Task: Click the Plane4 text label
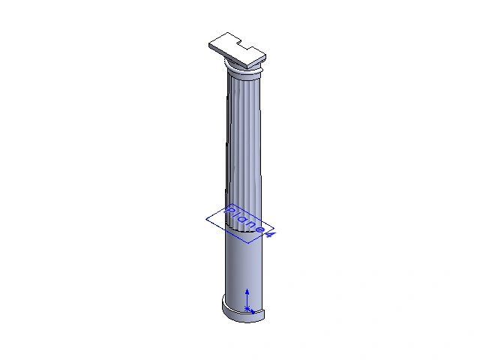[250, 222]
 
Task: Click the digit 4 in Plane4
[270, 234]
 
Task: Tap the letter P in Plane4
[229, 210]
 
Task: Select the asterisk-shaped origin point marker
[247, 308]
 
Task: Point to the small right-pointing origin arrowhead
[252, 312]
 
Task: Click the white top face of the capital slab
[235, 49]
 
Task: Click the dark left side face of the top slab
[228, 56]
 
